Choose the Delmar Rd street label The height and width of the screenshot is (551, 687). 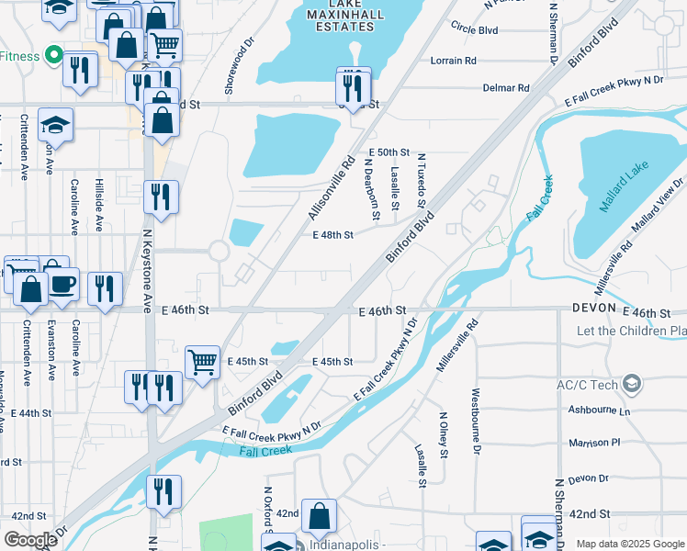[506, 88]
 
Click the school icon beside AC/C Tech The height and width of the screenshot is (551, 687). [631, 384]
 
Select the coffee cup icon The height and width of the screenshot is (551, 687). [62, 284]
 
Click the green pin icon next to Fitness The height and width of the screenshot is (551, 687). [53, 56]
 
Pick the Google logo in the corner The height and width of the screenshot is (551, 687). [31, 540]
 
